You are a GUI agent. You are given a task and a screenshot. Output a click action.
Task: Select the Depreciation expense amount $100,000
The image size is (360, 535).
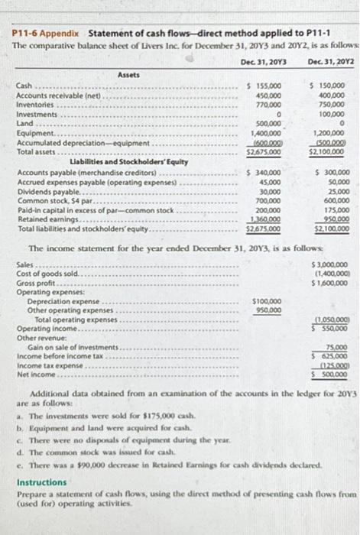264,301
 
